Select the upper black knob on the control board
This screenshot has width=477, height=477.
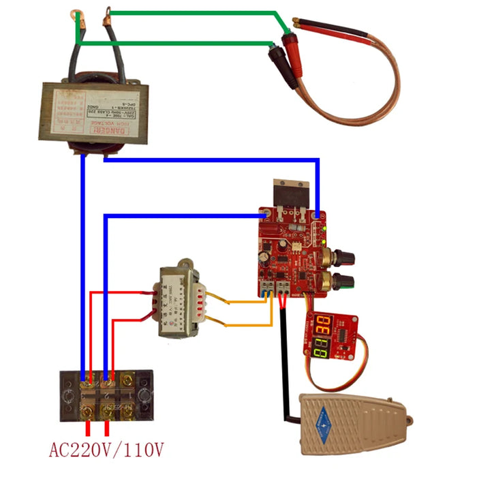pyautogui.click(x=341, y=256)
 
